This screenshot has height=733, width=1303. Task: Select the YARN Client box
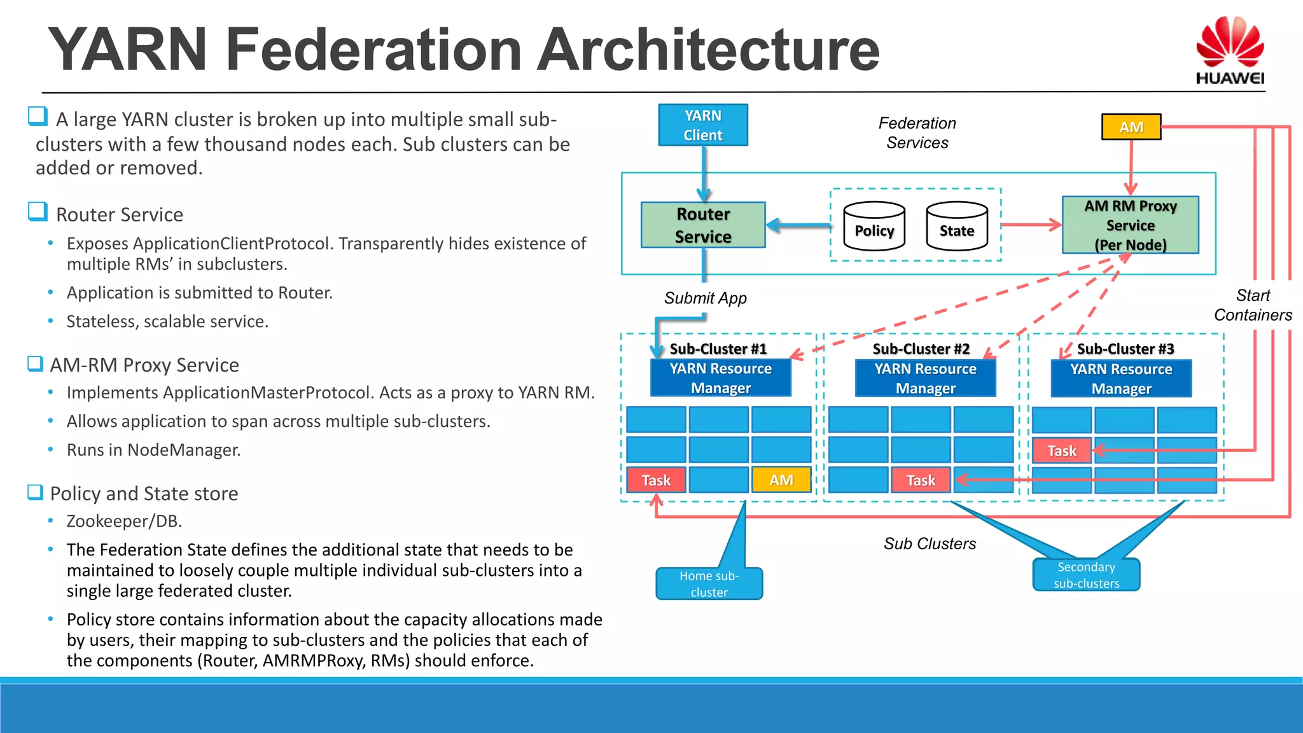[x=702, y=125]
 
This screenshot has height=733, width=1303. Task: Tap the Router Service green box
[x=702, y=225]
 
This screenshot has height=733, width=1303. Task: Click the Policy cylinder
[x=874, y=227]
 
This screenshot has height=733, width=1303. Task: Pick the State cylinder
[x=956, y=227]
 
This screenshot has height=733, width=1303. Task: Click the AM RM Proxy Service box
[x=1130, y=225]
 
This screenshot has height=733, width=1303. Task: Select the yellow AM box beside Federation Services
[x=1131, y=127]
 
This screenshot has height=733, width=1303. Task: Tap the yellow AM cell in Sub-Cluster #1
[x=781, y=480]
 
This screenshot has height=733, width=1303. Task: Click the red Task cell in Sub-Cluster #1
[x=656, y=480]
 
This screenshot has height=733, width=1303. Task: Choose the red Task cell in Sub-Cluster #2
[x=920, y=480]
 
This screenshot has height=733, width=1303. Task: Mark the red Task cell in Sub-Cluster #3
[x=1061, y=450]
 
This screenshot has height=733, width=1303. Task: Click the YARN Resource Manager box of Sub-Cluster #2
[x=925, y=378]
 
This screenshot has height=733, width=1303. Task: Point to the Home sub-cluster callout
[x=709, y=583]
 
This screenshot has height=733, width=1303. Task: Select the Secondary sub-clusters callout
[x=1085, y=575]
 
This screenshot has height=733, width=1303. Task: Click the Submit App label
[x=705, y=298]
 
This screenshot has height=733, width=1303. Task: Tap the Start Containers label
[x=1252, y=305]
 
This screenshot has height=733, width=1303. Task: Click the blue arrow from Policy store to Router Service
[x=798, y=225]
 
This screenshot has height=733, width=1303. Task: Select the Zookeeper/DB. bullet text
[x=124, y=521]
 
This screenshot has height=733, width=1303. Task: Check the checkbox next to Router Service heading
[x=38, y=211]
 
